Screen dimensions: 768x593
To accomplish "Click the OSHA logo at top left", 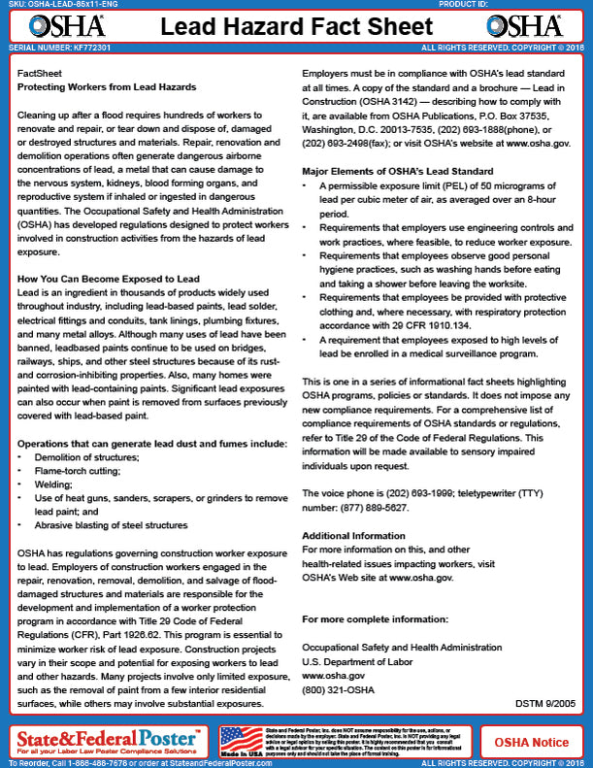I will tap(46, 24).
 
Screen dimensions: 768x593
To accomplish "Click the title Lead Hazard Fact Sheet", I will tap(296, 24).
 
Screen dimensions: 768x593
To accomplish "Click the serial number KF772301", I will tap(78, 47).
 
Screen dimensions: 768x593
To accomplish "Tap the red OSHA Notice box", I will tap(532, 742).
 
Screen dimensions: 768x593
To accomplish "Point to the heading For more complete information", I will tap(376, 619).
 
